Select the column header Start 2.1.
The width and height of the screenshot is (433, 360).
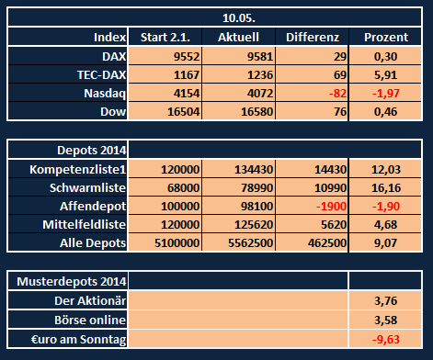click(x=165, y=38)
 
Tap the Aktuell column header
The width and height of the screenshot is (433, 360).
click(x=241, y=38)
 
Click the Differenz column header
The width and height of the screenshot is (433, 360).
click(x=313, y=38)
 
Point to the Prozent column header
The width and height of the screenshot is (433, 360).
click(x=386, y=38)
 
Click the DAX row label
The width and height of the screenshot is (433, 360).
click(x=109, y=56)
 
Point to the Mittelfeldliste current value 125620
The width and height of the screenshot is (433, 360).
click(x=251, y=226)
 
